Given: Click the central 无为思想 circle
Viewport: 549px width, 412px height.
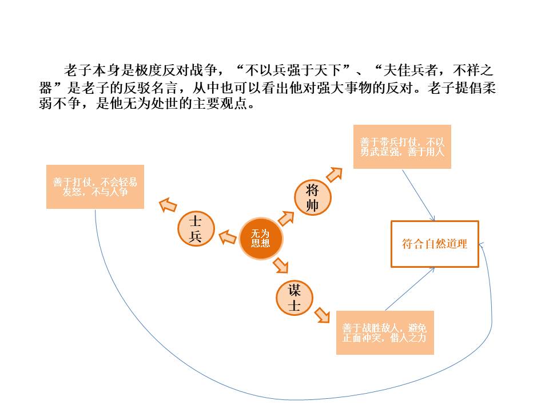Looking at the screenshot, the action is [261, 239].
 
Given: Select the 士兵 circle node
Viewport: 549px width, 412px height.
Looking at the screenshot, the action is [196, 228].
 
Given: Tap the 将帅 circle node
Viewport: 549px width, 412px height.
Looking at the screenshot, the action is [312, 197].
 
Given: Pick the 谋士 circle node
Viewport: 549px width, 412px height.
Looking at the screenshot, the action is [295, 298].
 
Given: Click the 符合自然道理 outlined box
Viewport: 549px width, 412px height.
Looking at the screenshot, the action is [435, 244].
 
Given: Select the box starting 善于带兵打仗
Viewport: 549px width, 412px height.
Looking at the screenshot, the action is [402, 146].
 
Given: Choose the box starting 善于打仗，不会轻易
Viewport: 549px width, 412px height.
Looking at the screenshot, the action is [96, 187].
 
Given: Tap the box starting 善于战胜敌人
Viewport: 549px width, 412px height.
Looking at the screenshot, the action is [385, 332].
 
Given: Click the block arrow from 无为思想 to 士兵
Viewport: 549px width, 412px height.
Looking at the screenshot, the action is [227, 237].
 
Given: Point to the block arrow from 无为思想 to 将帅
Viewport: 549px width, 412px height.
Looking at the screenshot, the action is [286, 218].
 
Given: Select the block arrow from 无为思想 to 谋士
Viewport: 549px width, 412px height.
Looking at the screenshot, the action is [281, 265].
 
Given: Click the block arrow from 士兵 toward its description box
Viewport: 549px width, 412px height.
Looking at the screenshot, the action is [168, 205].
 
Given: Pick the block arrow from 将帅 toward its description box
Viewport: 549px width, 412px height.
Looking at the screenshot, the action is [335, 175].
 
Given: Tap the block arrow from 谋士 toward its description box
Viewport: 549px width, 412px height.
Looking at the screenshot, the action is [322, 315].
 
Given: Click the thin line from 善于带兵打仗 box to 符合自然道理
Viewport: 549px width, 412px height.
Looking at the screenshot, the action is [419, 195].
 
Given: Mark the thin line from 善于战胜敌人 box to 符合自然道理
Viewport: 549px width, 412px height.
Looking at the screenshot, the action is [409, 289].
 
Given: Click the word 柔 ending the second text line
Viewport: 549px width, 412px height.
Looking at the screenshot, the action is [489, 88].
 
